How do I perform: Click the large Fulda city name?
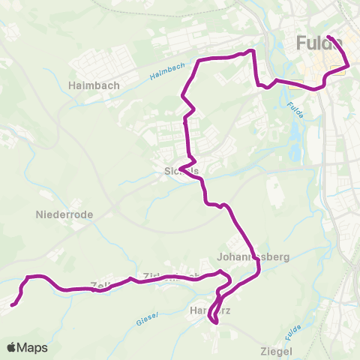point(319,41)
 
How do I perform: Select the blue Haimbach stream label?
point(166,71)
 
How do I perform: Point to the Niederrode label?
point(64,214)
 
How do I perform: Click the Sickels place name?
point(181,171)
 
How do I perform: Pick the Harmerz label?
point(208,310)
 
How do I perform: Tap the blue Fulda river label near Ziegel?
point(294,329)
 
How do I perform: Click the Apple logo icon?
point(11,347)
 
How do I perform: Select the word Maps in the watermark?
point(32,348)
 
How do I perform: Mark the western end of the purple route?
point(13,304)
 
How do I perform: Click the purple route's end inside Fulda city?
point(329,37)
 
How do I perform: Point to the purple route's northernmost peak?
point(252,50)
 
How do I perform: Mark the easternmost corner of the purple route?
point(349,67)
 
